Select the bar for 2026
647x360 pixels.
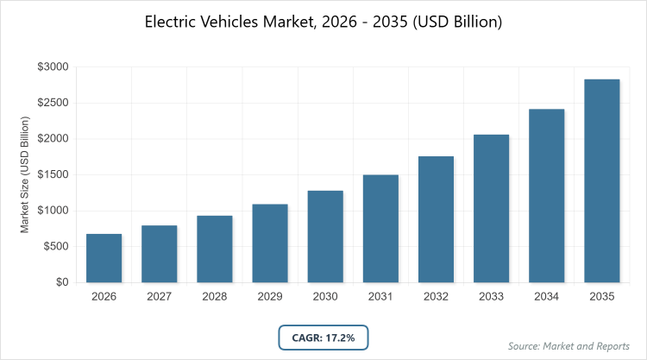coord(104,258)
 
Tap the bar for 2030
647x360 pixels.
coord(325,237)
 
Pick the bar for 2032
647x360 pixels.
coord(436,219)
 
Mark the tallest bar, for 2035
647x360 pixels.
coord(601,181)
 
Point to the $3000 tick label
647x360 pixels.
coord(52,66)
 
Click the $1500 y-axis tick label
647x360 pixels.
coord(52,174)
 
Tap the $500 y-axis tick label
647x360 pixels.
coord(55,246)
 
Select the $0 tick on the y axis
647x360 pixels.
coord(61,282)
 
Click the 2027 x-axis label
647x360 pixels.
coord(159,296)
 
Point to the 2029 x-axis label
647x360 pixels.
coord(269,296)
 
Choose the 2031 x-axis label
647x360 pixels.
coord(380,296)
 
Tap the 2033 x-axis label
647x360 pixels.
coord(491,296)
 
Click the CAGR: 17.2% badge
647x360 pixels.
coord(323,338)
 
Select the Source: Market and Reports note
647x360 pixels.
coord(569,346)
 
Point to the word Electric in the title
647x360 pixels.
coord(171,22)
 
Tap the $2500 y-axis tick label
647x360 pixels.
coord(52,103)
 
